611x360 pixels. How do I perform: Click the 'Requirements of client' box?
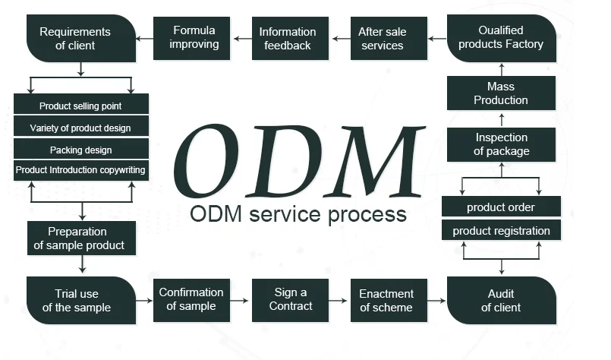point(80,39)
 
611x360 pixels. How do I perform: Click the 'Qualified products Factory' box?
point(502,38)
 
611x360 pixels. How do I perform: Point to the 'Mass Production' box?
point(501,93)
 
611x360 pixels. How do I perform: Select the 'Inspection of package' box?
point(501,144)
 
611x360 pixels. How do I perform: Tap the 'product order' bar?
point(501,207)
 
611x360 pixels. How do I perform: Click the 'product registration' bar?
point(501,231)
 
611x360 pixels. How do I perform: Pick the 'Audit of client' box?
point(502,301)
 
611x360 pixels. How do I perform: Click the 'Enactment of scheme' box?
point(387,300)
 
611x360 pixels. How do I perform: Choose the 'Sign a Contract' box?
point(290,299)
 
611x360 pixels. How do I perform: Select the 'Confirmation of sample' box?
point(191,299)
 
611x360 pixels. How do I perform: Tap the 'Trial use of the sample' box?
point(80,301)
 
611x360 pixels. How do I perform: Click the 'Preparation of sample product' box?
point(80,238)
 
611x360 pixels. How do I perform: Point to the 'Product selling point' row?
point(80,106)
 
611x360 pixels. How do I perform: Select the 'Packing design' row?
point(80,150)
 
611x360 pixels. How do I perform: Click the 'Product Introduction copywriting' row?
point(80,170)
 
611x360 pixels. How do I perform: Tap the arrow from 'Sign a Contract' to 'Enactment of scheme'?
point(339,300)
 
